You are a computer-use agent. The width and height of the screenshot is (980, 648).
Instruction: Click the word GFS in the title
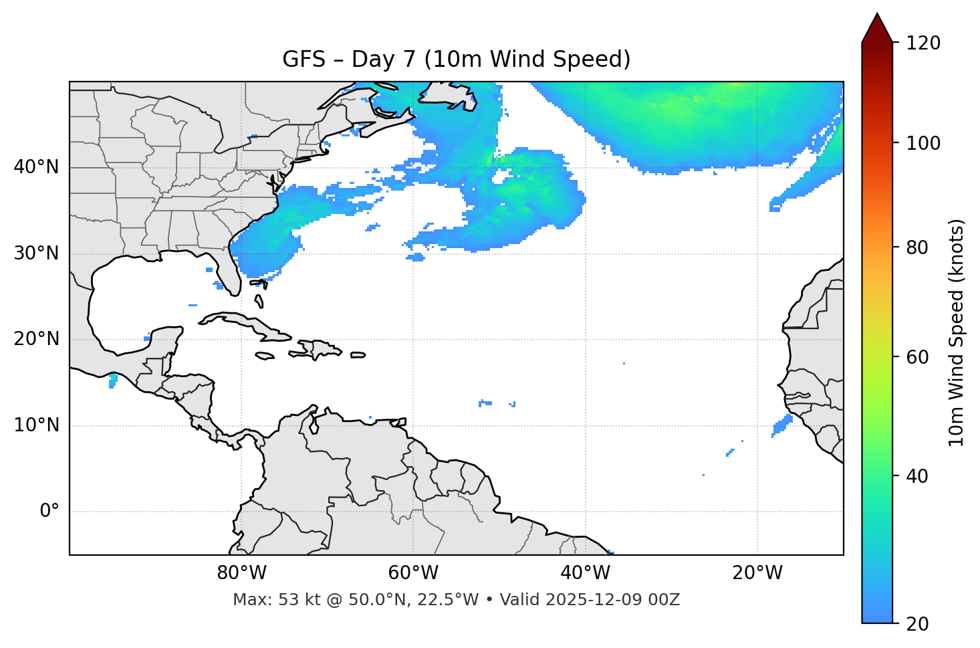[303, 60]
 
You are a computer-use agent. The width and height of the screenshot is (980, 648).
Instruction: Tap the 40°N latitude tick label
[36, 167]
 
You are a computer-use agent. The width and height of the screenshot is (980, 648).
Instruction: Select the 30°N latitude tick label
[36, 253]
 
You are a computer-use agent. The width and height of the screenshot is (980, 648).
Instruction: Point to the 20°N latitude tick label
[36, 339]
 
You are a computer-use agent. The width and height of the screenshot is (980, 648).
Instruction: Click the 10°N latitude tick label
[36, 425]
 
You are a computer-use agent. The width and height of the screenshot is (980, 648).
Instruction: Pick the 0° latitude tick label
[49, 512]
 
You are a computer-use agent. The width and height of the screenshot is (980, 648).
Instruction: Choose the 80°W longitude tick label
[241, 573]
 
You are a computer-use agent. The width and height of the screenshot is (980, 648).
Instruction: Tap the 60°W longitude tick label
[413, 573]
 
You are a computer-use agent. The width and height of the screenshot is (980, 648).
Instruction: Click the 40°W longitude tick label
[585, 573]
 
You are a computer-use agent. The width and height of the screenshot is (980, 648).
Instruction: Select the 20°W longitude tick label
[757, 573]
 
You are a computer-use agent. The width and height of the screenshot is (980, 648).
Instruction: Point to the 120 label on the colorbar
[923, 43]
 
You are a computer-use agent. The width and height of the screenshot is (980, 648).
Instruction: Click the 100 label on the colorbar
[923, 143]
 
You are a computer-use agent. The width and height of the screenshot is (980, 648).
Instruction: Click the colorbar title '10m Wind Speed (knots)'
[957, 332]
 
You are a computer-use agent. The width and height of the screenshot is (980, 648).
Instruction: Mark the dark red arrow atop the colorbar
[877, 29]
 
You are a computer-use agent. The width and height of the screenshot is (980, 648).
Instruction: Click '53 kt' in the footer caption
[294, 600]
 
